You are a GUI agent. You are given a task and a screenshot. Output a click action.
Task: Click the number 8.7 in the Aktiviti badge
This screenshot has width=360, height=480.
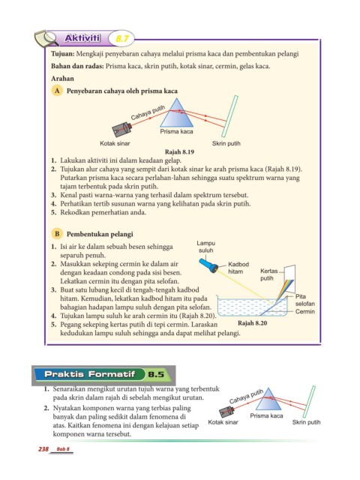122,39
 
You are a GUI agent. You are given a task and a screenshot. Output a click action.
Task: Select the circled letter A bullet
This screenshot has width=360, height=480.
57,91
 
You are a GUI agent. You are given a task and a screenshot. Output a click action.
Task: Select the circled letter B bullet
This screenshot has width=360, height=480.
57,234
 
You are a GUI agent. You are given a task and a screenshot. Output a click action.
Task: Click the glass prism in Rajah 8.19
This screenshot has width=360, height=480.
177,113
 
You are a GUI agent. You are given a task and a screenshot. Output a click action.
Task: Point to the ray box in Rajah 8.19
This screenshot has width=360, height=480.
121,129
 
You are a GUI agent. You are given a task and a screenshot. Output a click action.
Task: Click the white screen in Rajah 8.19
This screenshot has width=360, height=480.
229,116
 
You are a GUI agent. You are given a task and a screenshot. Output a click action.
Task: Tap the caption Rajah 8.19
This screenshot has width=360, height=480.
179,151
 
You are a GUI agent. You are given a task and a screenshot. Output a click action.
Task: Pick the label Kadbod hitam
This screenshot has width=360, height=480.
238,268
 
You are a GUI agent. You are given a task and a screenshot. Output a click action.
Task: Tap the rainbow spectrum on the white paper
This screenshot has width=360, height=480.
285,290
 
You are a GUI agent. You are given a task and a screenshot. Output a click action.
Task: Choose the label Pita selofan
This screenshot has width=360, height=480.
305,300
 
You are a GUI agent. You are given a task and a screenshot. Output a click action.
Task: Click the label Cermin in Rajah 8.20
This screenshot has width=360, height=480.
305,312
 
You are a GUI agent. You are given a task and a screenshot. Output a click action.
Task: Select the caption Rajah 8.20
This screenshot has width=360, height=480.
252,323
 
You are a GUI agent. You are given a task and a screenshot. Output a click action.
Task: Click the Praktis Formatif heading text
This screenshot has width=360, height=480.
90,374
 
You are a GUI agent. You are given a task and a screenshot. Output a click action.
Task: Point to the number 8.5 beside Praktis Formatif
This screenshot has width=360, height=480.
156,374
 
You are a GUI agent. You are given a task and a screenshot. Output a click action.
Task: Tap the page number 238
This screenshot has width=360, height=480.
43,449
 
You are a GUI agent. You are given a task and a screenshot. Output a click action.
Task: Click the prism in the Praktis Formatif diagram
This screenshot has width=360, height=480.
268,399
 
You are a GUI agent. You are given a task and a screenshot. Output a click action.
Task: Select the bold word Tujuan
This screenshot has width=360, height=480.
63,54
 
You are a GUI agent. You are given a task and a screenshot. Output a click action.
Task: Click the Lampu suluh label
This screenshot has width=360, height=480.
205,247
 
